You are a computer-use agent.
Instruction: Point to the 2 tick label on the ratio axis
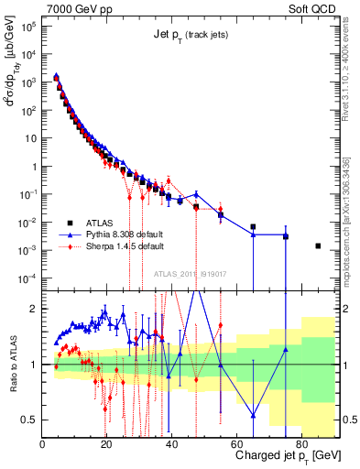click(35, 309)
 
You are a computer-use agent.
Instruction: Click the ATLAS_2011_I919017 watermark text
click(190, 273)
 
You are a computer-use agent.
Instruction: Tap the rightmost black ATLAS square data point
click(318, 245)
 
